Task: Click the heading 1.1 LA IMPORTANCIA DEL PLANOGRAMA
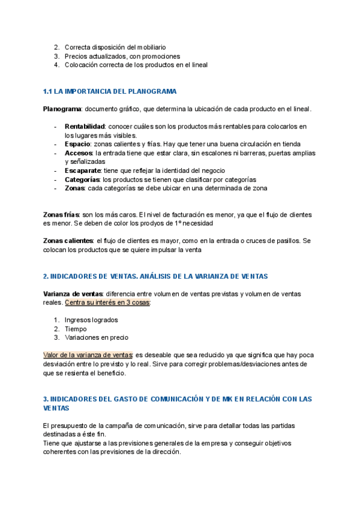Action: click(x=110, y=91)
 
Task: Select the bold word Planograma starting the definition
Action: click(x=62, y=109)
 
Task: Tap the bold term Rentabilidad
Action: click(x=85, y=126)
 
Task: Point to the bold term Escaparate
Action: click(x=83, y=170)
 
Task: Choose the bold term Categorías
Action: click(x=82, y=179)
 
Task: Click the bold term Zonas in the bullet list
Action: click(x=74, y=188)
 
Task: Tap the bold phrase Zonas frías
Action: click(x=61, y=214)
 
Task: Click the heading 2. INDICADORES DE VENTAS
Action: click(x=155, y=276)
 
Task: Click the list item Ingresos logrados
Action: click(x=91, y=320)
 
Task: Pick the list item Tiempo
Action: click(x=76, y=329)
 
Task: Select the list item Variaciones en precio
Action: click(x=96, y=337)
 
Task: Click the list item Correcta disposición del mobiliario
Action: click(x=115, y=47)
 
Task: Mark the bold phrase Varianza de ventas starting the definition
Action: click(x=72, y=294)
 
